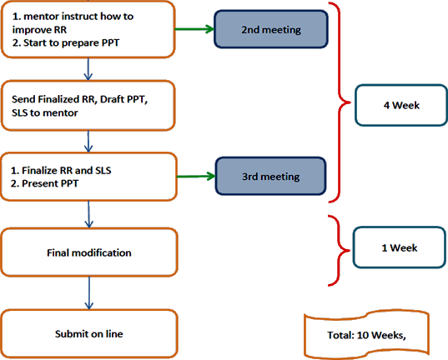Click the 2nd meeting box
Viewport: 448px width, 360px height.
(271, 29)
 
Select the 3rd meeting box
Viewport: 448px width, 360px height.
(270, 176)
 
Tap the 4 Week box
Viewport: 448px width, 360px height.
(401, 105)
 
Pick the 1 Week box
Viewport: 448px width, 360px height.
(399, 247)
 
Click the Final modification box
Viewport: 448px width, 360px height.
(89, 252)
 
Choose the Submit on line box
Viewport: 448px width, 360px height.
(89, 333)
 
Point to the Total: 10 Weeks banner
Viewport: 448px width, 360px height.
(366, 335)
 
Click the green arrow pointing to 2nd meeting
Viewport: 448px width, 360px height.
(194, 29)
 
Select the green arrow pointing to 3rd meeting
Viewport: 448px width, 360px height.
(196, 177)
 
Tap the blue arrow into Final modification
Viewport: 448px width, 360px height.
(89, 214)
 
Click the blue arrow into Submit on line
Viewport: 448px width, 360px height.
(89, 292)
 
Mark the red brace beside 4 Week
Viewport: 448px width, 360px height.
(340, 102)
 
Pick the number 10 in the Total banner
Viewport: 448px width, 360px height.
(363, 335)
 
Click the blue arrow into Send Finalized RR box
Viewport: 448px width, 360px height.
(88, 69)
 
